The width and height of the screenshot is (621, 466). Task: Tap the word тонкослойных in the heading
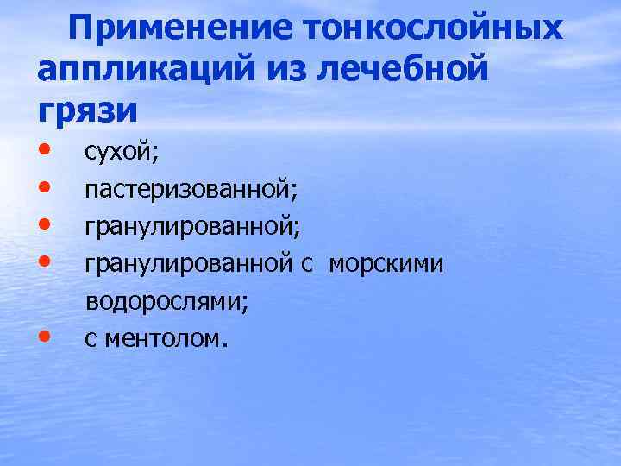click(434, 29)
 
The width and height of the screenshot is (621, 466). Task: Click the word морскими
click(386, 265)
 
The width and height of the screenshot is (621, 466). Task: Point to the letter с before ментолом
click(90, 340)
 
